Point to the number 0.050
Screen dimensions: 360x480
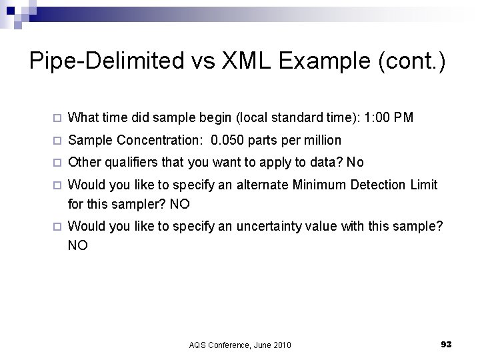pos(228,141)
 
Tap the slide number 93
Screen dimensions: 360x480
pos(447,344)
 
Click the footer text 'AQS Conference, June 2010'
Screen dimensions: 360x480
pos(240,345)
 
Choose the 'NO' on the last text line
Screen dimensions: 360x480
pos(78,245)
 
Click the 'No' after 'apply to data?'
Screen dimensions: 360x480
pos(355,163)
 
